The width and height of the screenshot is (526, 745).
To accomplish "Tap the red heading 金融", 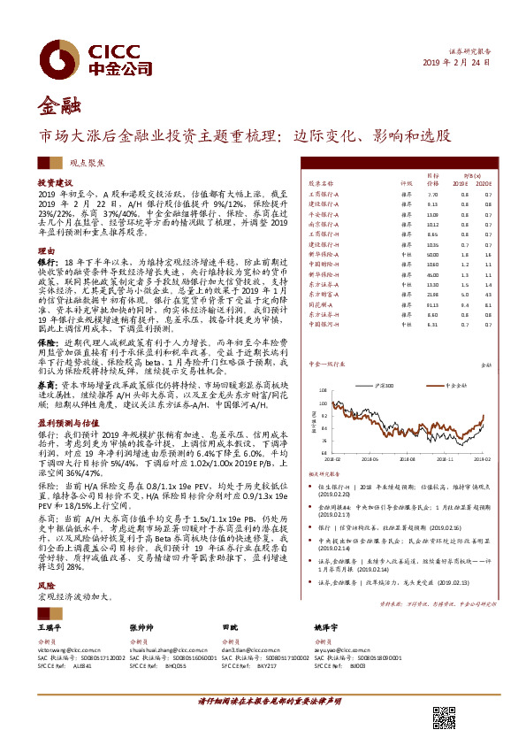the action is tap(56, 107).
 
